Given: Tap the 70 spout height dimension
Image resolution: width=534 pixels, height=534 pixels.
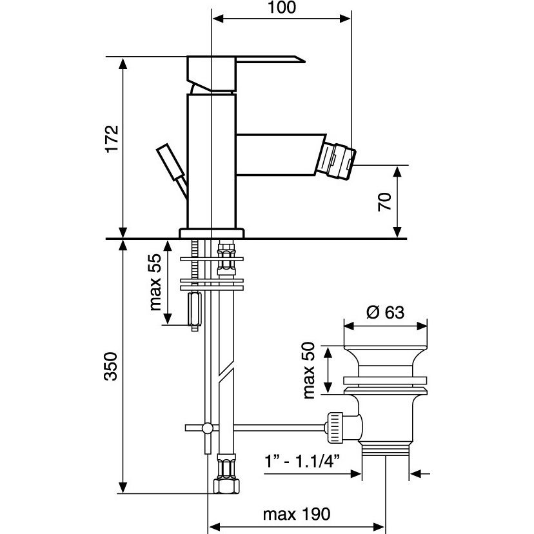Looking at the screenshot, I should tap(385, 202).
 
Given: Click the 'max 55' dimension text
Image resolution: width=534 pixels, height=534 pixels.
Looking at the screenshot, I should tap(155, 282).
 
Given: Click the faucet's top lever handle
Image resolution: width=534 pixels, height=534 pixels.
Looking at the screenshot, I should tap(245, 65).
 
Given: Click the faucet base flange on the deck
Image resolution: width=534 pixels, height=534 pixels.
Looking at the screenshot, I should tap(212, 233).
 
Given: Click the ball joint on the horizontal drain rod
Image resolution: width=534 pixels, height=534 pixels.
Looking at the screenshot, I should tap(208, 428).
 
